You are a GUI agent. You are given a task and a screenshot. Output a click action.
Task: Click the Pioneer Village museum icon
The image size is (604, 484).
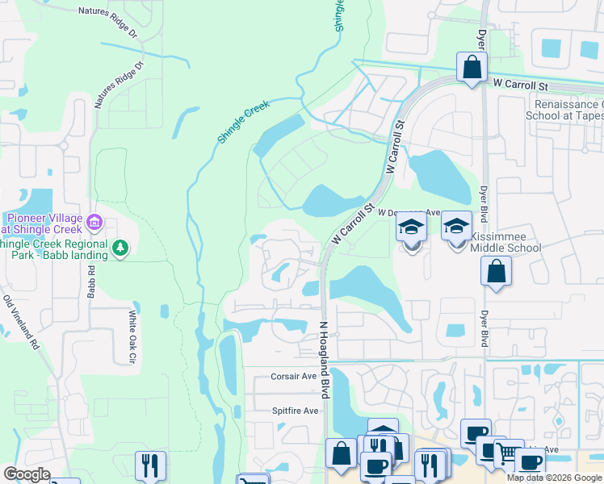click(x=94, y=220)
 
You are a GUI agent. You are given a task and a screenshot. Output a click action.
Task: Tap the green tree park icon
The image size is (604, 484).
click(x=120, y=247)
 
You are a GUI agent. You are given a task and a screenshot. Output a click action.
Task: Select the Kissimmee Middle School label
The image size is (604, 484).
click(x=505, y=242)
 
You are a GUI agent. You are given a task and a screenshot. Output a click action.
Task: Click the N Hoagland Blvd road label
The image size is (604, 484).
click(x=325, y=358)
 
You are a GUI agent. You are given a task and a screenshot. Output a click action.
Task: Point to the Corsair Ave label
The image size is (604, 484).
click(x=292, y=376)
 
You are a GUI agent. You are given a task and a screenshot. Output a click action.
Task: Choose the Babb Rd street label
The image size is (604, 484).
click(x=90, y=280)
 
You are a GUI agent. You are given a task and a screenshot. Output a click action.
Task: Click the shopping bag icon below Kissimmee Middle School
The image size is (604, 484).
click(x=496, y=272)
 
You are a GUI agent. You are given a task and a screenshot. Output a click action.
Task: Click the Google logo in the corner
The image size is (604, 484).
click(x=27, y=474)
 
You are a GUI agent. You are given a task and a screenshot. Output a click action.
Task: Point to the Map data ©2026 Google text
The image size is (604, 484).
click(x=554, y=478)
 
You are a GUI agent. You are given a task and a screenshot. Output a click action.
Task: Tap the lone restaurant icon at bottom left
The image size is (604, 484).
click(x=150, y=465)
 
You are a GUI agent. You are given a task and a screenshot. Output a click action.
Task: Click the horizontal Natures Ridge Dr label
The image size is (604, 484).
click(x=111, y=12)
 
